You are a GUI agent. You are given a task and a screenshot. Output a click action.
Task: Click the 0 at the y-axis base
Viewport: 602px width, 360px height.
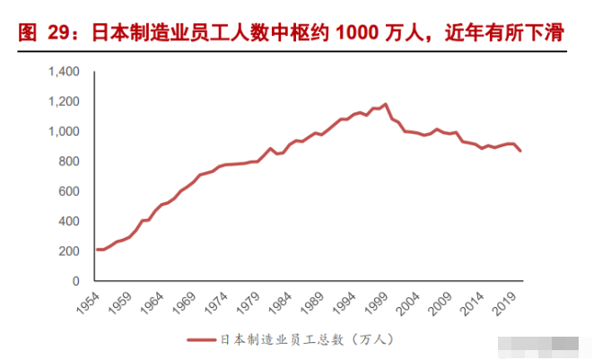pyautogui.click(x=76, y=281)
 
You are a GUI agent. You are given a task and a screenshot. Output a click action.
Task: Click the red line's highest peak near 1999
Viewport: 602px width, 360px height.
pyautogui.click(x=386, y=104)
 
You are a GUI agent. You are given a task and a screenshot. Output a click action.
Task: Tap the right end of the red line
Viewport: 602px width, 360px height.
pyautogui.click(x=520, y=150)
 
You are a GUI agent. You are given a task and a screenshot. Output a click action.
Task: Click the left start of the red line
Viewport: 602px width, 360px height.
pyautogui.click(x=97, y=250)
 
